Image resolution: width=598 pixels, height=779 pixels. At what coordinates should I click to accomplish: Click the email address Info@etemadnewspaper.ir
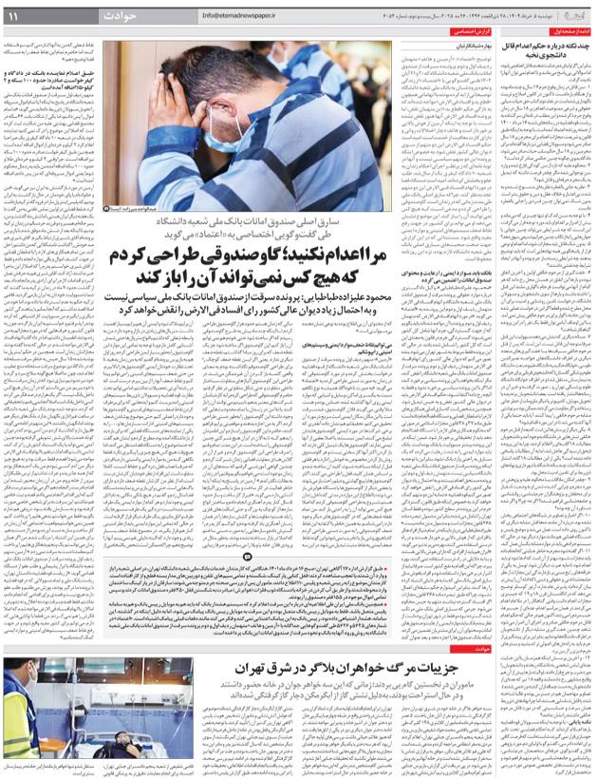(250, 16)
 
